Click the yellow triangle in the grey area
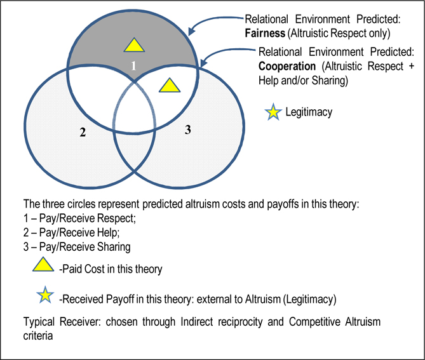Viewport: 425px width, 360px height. [133, 45]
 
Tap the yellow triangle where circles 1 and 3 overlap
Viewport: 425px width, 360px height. [168, 86]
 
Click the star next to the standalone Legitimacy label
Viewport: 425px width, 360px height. [273, 113]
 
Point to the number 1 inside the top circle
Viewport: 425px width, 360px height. [133, 65]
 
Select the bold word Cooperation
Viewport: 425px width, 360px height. [286, 66]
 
